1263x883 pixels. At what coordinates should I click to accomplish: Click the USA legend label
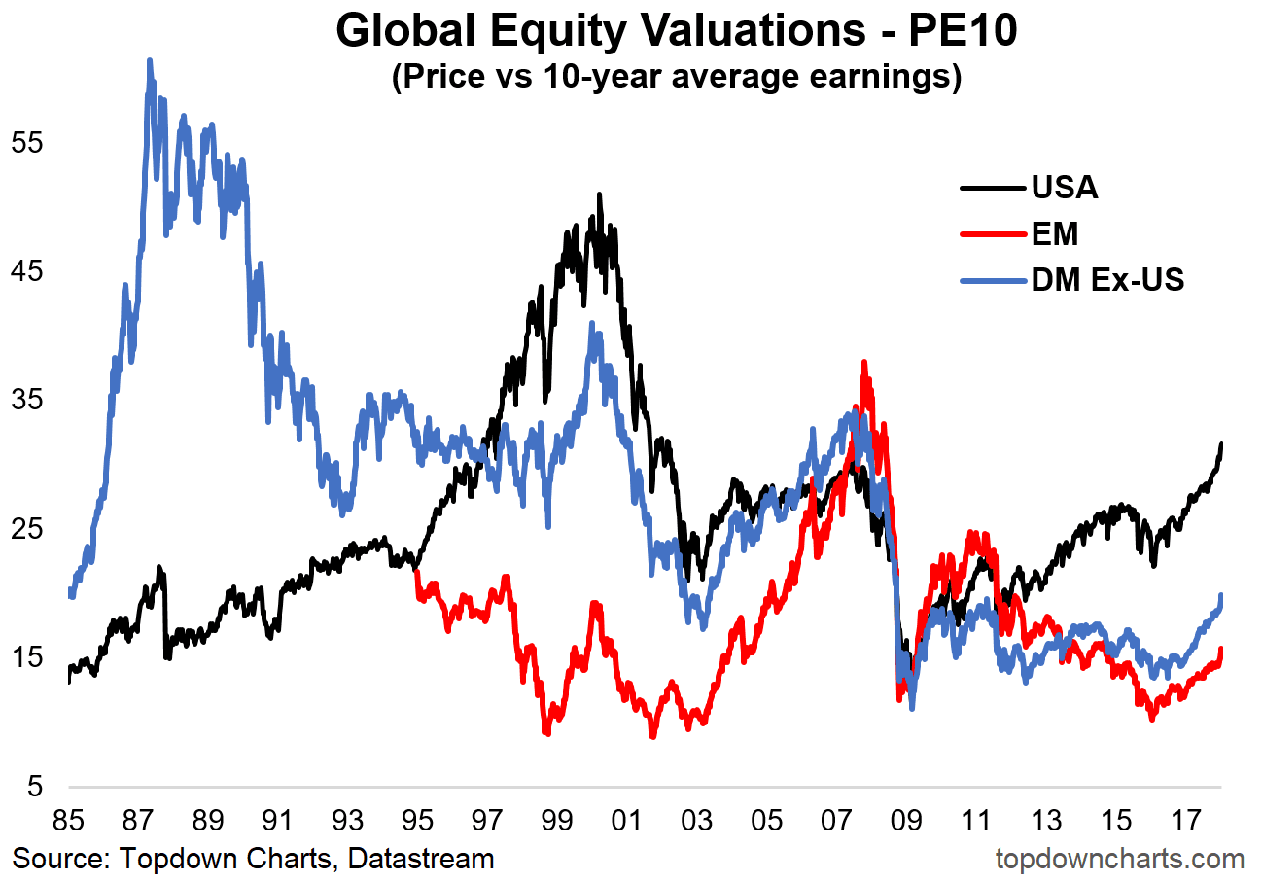(x=1065, y=187)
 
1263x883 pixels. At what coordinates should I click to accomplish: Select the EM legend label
(x=1055, y=233)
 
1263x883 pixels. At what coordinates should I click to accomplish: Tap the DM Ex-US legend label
(x=1107, y=280)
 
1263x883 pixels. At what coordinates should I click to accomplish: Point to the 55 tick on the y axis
(x=27, y=142)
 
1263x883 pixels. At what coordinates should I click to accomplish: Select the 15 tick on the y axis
(x=27, y=657)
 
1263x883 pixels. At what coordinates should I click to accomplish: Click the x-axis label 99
(x=555, y=821)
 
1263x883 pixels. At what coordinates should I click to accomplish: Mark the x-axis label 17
(x=1183, y=821)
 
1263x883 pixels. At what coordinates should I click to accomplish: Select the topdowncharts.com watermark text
(x=1120, y=860)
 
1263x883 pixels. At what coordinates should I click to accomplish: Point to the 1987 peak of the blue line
(x=149, y=60)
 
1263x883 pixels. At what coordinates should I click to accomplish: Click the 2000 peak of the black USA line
(x=600, y=194)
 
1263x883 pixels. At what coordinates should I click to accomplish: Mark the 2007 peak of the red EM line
(x=863, y=362)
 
